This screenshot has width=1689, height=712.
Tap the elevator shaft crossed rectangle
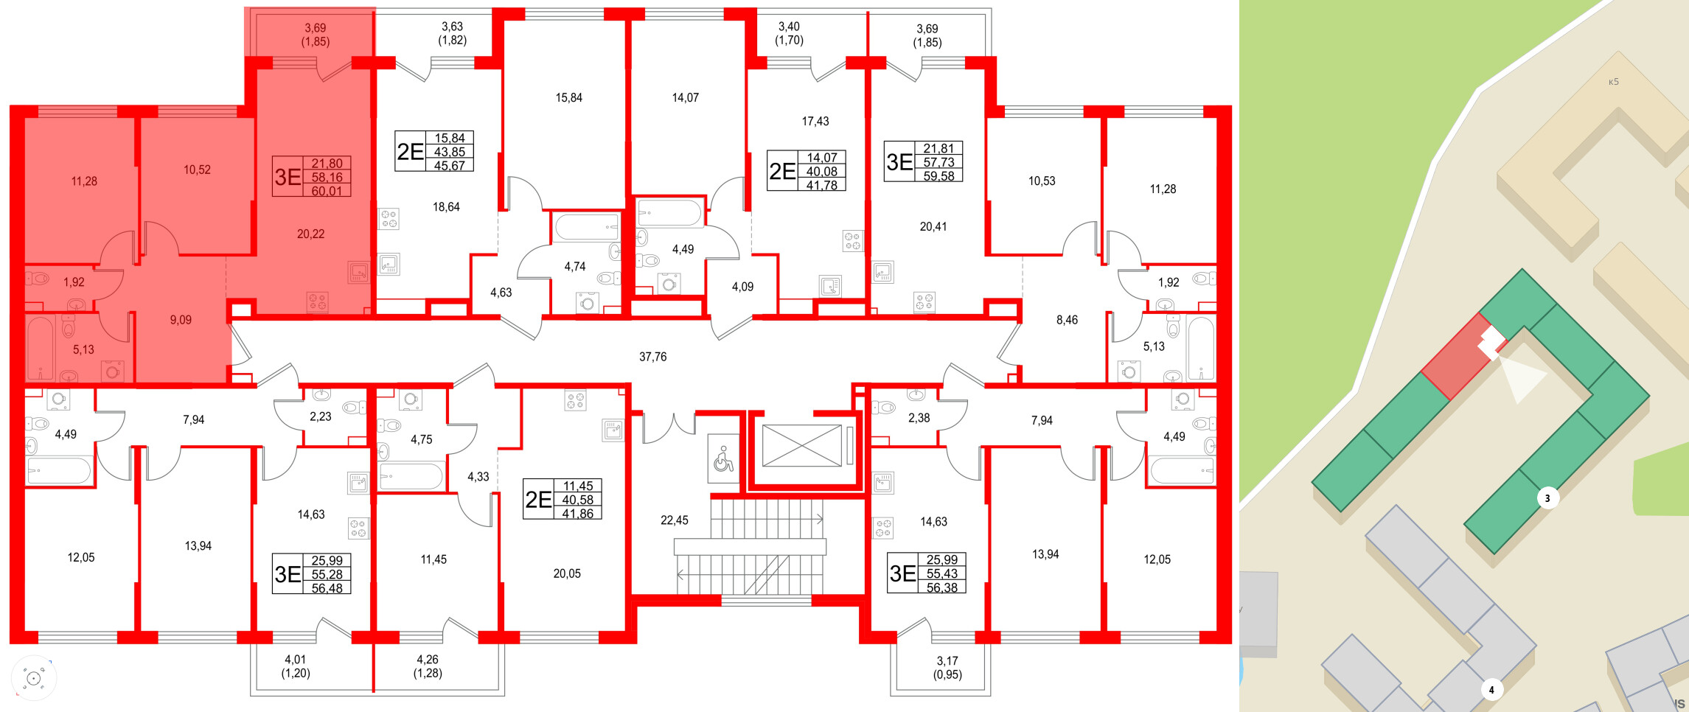click(x=801, y=446)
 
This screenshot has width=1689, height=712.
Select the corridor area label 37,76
click(x=652, y=357)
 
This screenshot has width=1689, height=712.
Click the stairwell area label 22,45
click(x=674, y=520)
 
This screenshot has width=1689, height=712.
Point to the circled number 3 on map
click(x=1547, y=498)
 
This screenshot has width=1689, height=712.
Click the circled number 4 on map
click(x=1491, y=690)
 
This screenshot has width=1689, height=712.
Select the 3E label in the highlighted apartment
click(x=288, y=177)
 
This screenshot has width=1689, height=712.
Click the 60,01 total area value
click(x=327, y=191)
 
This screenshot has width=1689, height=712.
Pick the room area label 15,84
click(x=568, y=97)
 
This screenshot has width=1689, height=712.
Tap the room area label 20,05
click(x=567, y=573)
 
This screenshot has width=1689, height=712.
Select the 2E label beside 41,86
click(x=538, y=500)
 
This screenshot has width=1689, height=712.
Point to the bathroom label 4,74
click(x=574, y=267)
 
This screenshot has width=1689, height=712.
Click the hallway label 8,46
click(x=1066, y=320)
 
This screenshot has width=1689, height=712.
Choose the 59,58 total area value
click(x=938, y=176)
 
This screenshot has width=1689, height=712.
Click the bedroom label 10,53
click(x=1041, y=181)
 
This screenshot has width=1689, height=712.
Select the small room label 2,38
click(x=919, y=418)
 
